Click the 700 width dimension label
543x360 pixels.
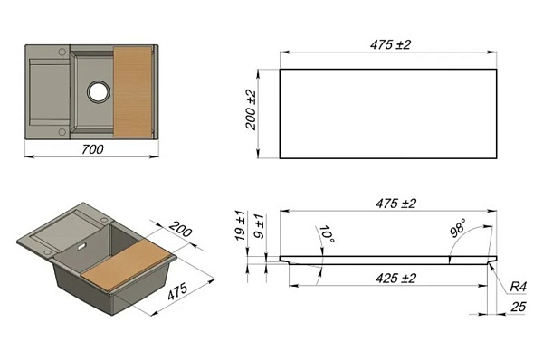pyautogui.click(x=92, y=149)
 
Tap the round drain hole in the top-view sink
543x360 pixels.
pyautogui.click(x=99, y=91)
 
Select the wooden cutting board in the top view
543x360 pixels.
pyautogui.click(x=133, y=91)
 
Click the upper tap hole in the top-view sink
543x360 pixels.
pyautogui.click(x=62, y=52)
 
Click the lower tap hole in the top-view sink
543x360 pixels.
pyautogui.click(x=62, y=132)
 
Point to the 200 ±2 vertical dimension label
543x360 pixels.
pyautogui.click(x=251, y=110)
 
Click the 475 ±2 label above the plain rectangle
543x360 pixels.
pyautogui.click(x=390, y=44)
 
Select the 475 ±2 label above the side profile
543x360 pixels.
pyautogui.click(x=395, y=204)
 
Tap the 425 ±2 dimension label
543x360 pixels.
pyautogui.click(x=395, y=278)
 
